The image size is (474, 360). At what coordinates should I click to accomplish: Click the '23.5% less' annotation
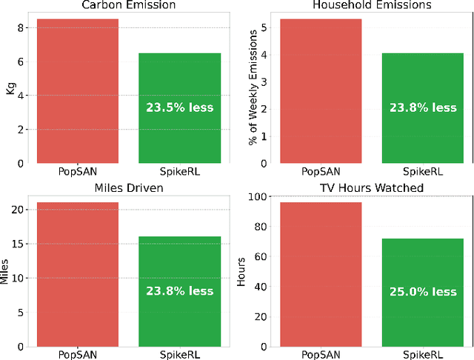[x=179, y=107]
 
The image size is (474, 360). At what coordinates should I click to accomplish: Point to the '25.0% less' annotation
[x=424, y=292]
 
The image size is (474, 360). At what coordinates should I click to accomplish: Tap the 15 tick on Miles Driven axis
[x=20, y=244]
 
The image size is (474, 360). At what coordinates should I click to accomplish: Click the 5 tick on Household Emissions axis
[x=264, y=28]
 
